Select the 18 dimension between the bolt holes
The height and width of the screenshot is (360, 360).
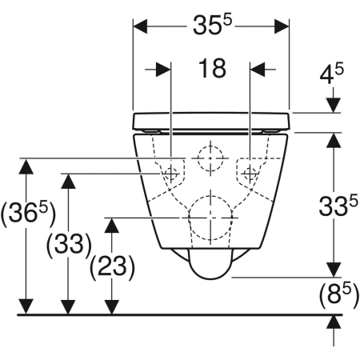212,69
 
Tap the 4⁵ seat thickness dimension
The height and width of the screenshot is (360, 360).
332,73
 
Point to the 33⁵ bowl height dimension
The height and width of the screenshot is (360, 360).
338,206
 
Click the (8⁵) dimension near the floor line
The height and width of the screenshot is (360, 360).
339,295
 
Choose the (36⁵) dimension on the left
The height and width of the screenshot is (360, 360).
28,214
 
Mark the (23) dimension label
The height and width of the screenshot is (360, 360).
112,267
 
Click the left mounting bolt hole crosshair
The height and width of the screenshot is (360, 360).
170,174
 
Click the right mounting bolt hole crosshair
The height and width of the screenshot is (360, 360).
250,174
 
